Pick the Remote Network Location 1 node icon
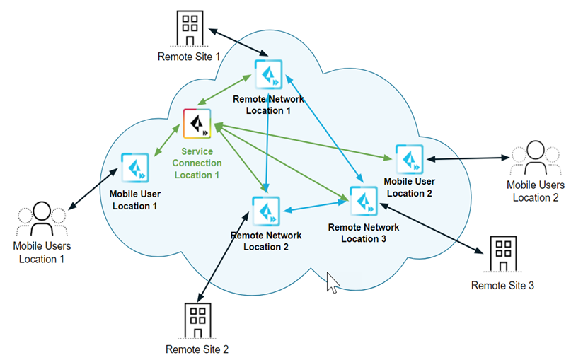(268, 73)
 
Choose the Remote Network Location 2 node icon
(266, 211)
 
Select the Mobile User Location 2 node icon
(409, 159)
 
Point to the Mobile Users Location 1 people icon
(42, 220)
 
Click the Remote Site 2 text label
(197, 349)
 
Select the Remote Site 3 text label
(502, 286)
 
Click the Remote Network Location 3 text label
(364, 233)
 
